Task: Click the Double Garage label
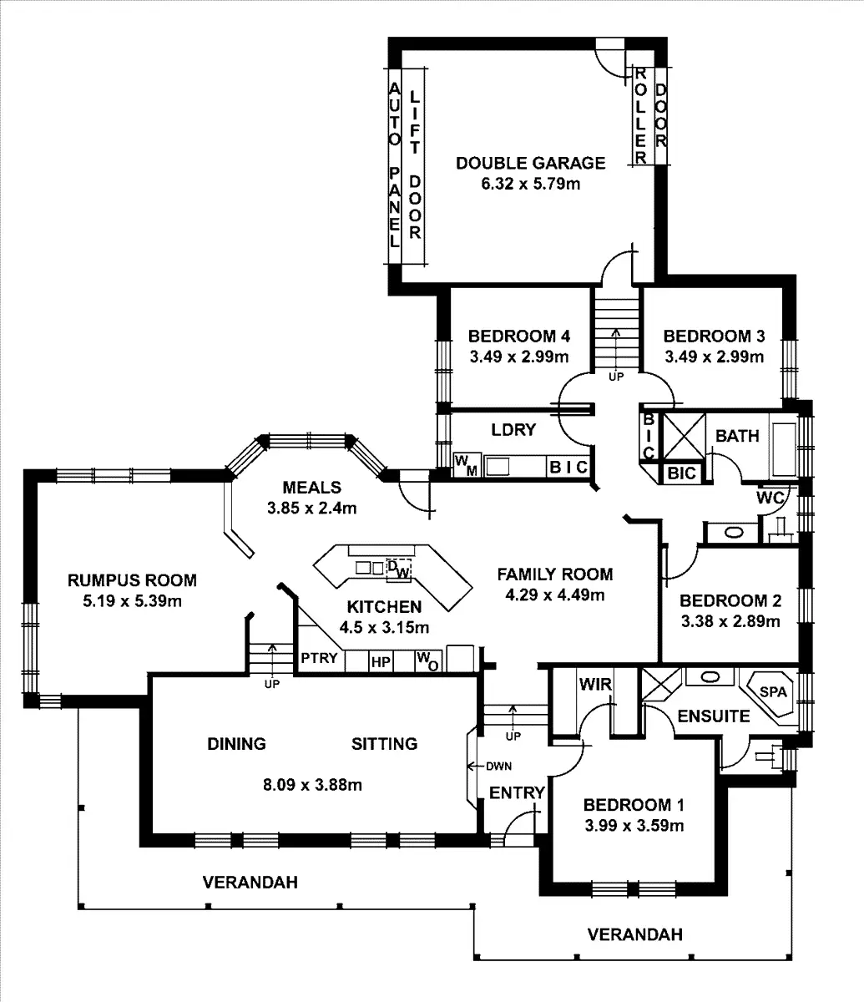530,163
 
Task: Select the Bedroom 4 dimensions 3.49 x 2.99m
518,357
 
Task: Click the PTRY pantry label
319,658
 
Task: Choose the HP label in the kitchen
381,662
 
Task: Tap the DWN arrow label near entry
498,766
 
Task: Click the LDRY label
513,430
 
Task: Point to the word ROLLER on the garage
641,114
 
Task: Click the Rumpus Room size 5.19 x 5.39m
132,600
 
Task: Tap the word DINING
236,743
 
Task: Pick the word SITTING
384,743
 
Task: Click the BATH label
737,436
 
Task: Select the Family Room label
554,574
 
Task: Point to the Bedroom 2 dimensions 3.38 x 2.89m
730,621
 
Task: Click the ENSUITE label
713,716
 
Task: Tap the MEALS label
312,487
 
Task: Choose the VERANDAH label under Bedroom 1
634,934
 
